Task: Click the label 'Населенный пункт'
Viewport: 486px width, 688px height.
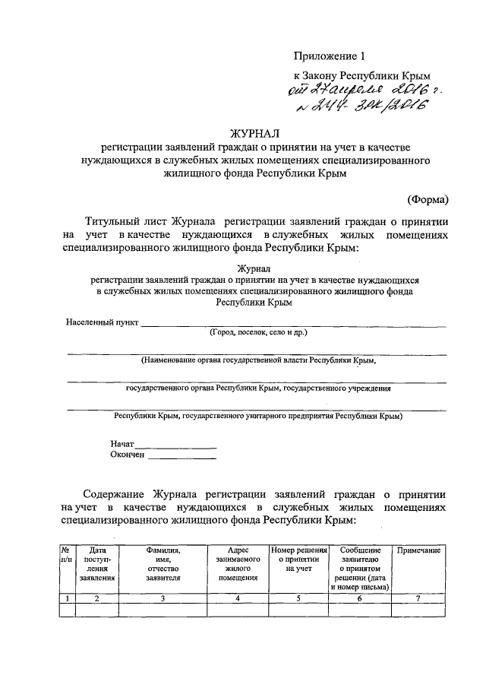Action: (102, 322)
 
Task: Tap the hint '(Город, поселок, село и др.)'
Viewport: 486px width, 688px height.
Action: (258, 333)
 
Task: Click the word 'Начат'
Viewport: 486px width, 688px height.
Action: (122, 443)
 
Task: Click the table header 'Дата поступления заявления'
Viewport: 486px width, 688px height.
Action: (96, 563)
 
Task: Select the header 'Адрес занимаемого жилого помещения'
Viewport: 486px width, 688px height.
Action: (238, 563)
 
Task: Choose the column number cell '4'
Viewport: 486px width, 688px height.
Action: (238, 598)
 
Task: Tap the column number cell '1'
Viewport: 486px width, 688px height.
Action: (67, 598)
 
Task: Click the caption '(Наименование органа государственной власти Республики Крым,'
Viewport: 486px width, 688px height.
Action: (258, 361)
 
